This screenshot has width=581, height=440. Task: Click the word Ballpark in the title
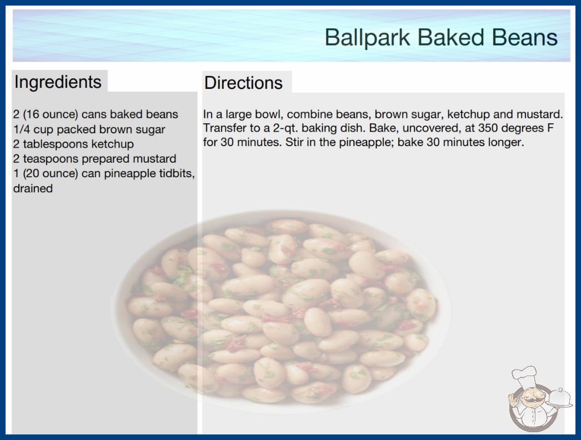pos(367,38)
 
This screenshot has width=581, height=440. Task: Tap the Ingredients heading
pos(58,82)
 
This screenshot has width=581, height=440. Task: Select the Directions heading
pos(243,83)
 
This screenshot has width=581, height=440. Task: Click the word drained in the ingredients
pos(33,188)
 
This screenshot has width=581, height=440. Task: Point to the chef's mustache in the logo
pos(532,401)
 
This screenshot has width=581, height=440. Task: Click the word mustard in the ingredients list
pos(154,159)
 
